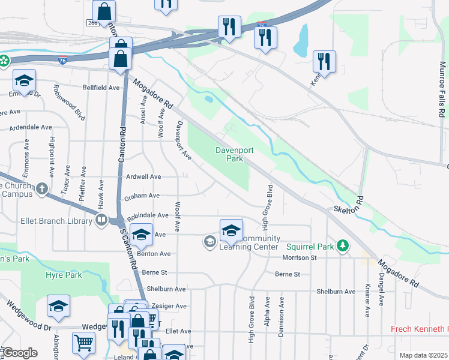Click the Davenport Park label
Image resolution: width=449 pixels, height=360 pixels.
[x=229, y=154]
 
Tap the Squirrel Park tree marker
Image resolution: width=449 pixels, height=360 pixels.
[x=343, y=245]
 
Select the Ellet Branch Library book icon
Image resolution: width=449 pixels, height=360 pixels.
[x=101, y=220]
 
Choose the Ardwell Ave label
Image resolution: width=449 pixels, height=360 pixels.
[x=143, y=177]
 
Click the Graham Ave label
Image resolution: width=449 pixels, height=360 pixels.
[x=142, y=196]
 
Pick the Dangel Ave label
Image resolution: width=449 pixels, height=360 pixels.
[x=382, y=287]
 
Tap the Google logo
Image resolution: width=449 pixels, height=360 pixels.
[x=19, y=352]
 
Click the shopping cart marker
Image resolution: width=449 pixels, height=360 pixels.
[x=83, y=343]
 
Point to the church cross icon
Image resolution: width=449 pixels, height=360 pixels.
[x=41, y=189]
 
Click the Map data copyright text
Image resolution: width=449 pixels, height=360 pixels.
[x=423, y=355]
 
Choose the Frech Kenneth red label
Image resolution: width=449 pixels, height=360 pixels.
[x=419, y=329]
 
